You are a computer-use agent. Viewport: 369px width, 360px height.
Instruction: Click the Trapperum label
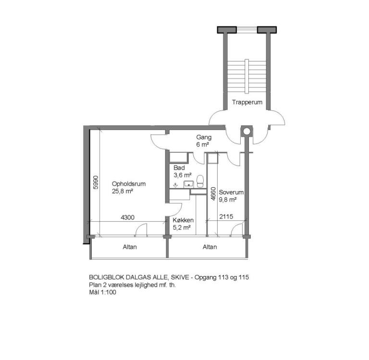[x=247, y=102]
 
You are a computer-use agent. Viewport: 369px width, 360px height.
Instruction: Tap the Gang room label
[x=204, y=137]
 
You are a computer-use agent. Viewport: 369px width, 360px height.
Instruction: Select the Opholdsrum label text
[x=129, y=184]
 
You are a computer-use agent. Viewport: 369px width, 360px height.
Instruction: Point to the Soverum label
[x=231, y=192]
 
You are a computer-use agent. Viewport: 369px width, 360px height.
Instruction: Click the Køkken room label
[x=183, y=220]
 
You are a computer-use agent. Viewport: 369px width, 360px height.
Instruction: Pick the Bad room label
[x=179, y=168]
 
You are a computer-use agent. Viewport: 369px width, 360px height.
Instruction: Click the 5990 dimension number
[x=96, y=182]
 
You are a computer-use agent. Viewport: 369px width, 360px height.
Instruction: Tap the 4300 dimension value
[x=127, y=217]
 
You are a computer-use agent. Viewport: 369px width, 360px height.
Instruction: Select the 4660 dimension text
[x=213, y=193]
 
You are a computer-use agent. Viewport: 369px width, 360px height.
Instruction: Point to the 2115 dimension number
[x=226, y=216]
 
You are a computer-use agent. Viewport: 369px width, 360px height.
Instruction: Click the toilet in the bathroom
[x=200, y=181]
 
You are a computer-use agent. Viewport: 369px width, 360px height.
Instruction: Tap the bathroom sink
[x=189, y=184]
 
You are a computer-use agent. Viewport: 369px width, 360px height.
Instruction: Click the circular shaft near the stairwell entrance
[x=246, y=131]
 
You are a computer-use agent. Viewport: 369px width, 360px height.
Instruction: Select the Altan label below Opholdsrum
[x=130, y=247]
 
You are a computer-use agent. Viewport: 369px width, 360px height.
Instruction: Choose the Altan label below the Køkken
[x=209, y=247]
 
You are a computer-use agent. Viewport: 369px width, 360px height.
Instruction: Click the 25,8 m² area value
[x=123, y=192]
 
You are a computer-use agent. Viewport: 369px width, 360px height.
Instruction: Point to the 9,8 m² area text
[x=228, y=200]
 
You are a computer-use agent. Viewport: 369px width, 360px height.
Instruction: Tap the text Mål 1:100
[x=103, y=292]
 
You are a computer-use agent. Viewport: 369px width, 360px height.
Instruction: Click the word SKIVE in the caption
[x=181, y=277]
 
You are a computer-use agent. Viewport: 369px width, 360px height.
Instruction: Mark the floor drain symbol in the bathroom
[x=175, y=186]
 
